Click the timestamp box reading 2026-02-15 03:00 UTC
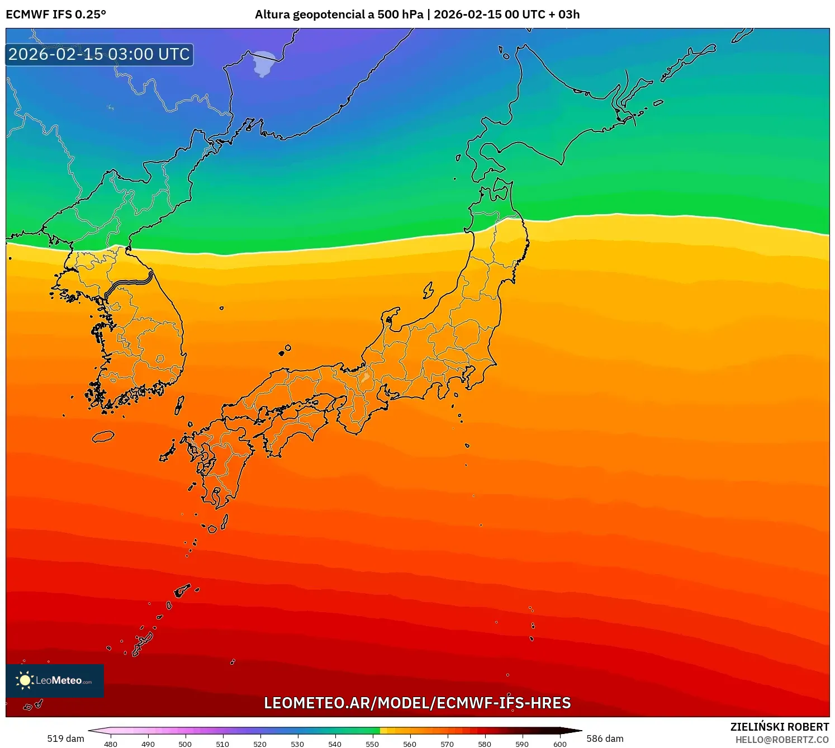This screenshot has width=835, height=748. [99, 54]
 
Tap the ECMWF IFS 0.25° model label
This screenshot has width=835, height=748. [56, 15]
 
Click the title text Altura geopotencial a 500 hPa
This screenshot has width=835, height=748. [339, 15]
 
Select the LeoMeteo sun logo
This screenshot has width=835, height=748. [25, 680]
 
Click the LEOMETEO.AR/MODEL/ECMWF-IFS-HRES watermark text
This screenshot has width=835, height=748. [417, 703]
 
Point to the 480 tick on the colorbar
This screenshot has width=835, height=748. [111, 744]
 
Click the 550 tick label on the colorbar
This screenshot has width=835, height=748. [372, 744]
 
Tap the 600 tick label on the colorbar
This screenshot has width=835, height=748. [559, 744]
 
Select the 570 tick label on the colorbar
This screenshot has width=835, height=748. [447, 744]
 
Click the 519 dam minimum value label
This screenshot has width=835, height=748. [65, 738]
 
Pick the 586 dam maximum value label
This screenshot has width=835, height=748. [605, 738]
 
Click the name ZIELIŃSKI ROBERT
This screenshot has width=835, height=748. [779, 727]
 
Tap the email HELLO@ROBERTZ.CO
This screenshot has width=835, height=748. [781, 740]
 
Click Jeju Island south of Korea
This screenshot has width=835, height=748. [103, 436]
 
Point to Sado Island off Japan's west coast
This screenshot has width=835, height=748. [428, 290]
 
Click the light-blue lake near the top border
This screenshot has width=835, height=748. [263, 63]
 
